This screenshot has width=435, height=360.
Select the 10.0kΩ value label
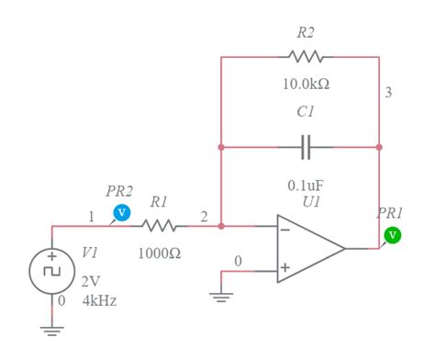tap(307, 84)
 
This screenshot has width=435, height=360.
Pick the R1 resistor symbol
tap(159, 225)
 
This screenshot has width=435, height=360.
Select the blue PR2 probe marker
tap(119, 213)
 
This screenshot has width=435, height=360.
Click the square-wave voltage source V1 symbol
tap(52, 272)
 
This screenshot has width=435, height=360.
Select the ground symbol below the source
tap(52, 331)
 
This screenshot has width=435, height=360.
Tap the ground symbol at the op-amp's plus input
tap(221, 296)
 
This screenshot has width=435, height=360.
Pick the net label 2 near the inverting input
tap(204, 218)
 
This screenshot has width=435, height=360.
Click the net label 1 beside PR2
tap(92, 218)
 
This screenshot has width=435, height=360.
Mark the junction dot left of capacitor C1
tap(221, 146)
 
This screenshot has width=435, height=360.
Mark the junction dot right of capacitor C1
tap(379, 146)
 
